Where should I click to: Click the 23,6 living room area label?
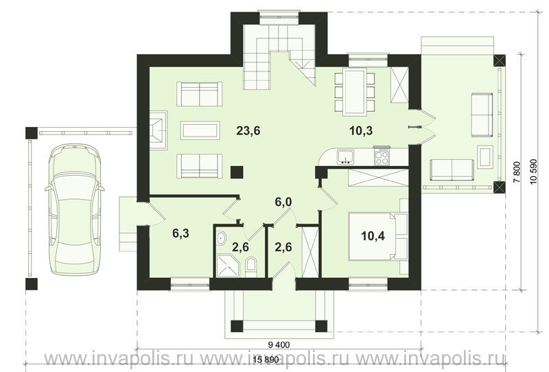[248, 130]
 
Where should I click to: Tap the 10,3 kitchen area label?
[361, 130]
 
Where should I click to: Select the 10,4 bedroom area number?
[373, 236]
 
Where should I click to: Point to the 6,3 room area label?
[180, 233]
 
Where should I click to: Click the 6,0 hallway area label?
[283, 202]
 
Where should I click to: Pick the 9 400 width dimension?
[279, 345]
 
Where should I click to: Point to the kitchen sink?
[346, 156]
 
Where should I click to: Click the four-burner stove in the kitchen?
[382, 156]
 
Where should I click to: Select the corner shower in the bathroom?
[229, 266]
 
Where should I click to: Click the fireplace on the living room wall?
[159, 130]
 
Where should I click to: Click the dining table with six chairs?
[354, 92]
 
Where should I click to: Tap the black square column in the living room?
[237, 172]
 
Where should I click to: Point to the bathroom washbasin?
[222, 238]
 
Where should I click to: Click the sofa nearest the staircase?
[200, 94]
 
